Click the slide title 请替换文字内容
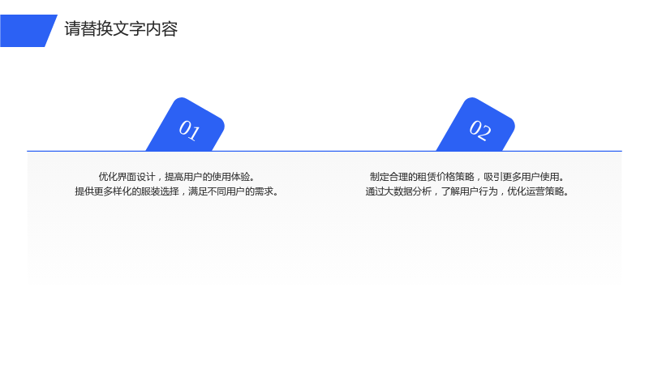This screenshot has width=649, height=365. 121,29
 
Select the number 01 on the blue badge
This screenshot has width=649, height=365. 189,130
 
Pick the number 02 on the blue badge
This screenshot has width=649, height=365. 480,130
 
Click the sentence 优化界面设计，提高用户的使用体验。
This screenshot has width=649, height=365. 177,177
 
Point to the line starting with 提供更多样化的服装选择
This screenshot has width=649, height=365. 177,191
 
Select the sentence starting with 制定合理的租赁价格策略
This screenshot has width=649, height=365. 468,177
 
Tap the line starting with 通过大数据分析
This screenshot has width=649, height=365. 468,191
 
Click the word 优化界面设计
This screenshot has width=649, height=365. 127,177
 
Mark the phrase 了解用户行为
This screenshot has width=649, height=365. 470,191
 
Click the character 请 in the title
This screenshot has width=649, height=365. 72,29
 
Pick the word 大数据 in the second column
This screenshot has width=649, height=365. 398,191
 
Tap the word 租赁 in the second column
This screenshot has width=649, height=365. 427,177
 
